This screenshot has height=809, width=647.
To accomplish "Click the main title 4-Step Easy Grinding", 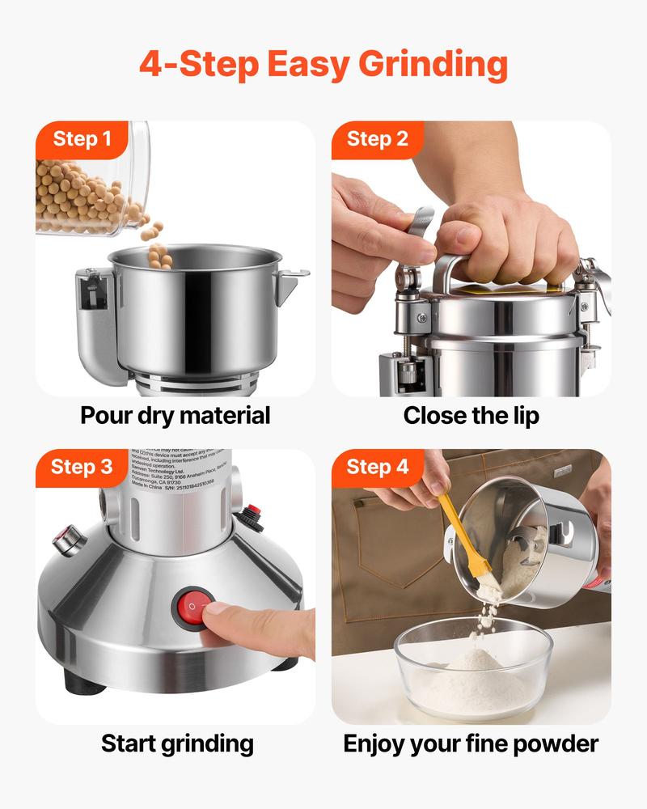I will click(x=323, y=64).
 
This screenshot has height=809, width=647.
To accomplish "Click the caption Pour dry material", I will click(x=175, y=416).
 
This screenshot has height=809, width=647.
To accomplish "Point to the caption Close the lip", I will click(x=471, y=416).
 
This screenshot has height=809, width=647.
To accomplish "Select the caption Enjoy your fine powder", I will click(x=471, y=743).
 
